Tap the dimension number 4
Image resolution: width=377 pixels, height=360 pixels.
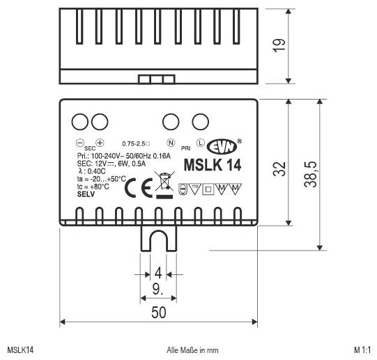[158, 273]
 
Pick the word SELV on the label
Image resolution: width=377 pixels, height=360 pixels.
[86, 197]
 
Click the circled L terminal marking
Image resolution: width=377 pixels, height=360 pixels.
[200, 143]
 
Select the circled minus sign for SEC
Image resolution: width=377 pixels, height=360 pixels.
[79, 143]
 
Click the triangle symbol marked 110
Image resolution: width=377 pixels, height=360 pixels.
[195, 188]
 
